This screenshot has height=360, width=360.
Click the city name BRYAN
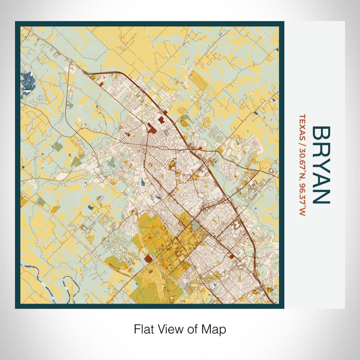[x=320, y=165]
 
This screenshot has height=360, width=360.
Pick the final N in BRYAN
[x=320, y=197]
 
